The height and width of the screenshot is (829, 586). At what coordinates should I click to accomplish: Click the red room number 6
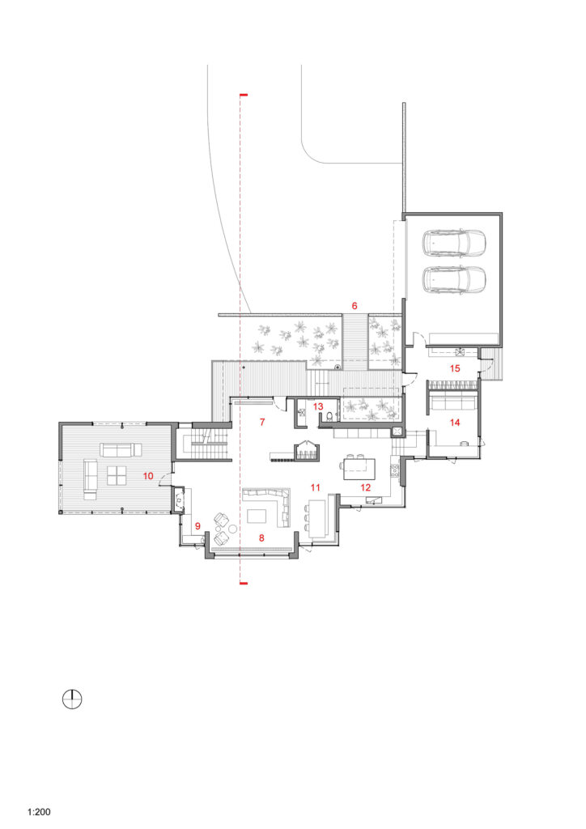(355, 305)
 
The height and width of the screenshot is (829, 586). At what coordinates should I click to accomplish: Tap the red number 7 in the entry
(262, 422)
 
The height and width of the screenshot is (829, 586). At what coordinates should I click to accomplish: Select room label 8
(261, 538)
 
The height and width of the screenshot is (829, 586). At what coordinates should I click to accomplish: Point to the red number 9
(197, 526)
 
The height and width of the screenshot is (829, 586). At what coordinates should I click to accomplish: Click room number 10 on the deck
(148, 476)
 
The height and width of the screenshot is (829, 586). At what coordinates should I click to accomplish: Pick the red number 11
(316, 487)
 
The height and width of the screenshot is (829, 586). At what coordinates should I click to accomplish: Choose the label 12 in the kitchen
(366, 487)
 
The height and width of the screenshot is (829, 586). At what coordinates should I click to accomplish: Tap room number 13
(318, 406)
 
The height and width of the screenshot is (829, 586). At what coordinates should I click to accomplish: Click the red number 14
(455, 422)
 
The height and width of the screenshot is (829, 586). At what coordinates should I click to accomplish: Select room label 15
(455, 368)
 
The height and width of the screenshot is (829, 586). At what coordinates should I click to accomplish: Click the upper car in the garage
(453, 241)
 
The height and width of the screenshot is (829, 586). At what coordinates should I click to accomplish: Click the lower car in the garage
(453, 278)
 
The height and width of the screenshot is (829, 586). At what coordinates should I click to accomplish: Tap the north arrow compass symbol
(72, 699)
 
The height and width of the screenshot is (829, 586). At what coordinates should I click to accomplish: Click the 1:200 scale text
(39, 811)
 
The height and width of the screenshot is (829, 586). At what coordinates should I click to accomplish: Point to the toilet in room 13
(329, 417)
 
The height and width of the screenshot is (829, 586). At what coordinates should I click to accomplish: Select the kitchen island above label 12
(359, 469)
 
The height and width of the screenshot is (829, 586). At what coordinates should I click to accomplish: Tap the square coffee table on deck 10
(117, 475)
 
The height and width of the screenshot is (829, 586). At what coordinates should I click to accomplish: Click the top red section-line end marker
(244, 95)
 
